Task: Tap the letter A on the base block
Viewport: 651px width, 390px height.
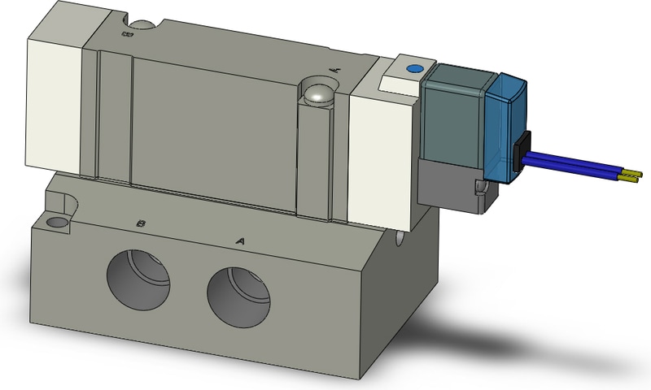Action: click(x=240, y=240)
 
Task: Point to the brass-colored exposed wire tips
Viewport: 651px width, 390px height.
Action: click(x=631, y=174)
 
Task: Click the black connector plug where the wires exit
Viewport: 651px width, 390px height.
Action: click(x=522, y=150)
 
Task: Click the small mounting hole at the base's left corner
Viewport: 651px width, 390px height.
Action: click(x=57, y=221)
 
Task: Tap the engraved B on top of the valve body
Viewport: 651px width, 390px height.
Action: click(x=125, y=34)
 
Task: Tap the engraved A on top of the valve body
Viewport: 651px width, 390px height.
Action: click(x=334, y=71)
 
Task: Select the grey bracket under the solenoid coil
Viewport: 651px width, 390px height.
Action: click(x=446, y=183)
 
